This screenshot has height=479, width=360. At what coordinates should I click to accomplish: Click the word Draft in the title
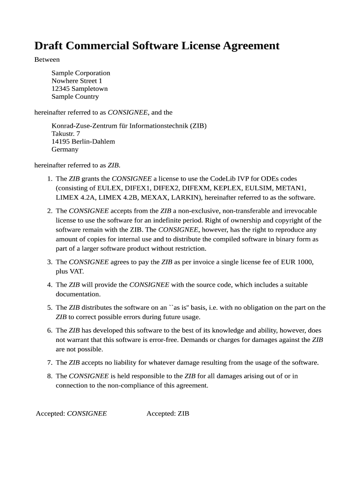click(x=49, y=46)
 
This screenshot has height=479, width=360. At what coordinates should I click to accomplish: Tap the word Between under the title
click(x=47, y=59)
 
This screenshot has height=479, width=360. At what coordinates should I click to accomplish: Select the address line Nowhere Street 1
click(x=77, y=81)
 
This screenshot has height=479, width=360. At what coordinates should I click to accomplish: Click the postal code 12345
click(x=60, y=89)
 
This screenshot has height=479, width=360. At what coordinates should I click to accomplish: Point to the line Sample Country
click(x=75, y=97)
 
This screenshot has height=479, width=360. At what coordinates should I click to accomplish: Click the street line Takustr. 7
click(x=65, y=134)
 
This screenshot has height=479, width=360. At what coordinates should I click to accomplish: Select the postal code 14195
click(x=60, y=142)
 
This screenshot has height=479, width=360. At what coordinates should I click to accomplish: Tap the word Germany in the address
click(x=65, y=150)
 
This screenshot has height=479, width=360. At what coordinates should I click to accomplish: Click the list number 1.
click(x=49, y=179)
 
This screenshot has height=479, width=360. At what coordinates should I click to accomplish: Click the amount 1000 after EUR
click(x=305, y=262)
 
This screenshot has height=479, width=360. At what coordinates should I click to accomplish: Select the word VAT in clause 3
click(x=76, y=271)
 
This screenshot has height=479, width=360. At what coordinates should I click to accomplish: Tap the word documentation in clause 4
click(x=78, y=294)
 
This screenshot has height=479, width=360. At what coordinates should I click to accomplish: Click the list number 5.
click(x=49, y=308)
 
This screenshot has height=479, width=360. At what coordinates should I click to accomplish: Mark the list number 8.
click(x=49, y=376)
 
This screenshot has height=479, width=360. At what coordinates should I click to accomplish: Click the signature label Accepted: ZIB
click(x=168, y=414)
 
